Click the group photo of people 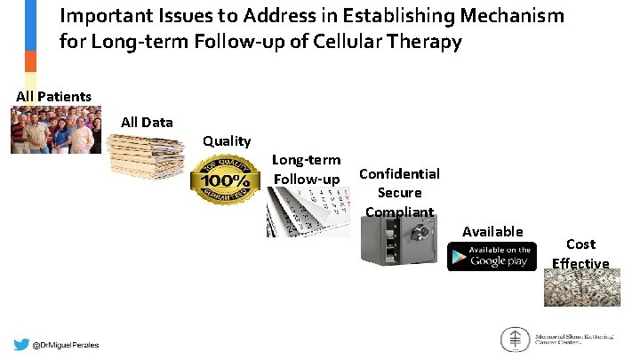[54, 130]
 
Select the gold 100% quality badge [225, 181]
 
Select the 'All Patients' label [53, 96]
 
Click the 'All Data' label [147, 122]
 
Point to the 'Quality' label [227, 140]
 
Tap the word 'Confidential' [399, 173]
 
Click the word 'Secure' [399, 192]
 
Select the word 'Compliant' [399, 212]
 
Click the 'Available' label [492, 231]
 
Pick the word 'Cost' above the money [580, 244]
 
